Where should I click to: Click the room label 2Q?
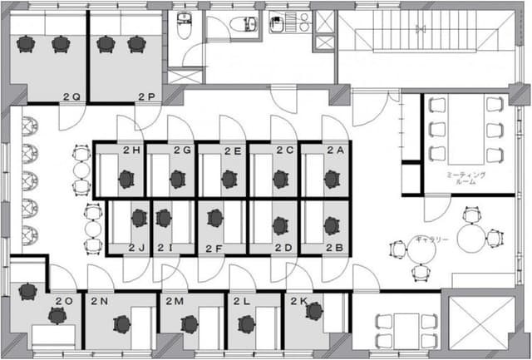[x=71, y=97]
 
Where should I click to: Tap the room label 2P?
[x=147, y=97]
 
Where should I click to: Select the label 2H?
[x=131, y=150]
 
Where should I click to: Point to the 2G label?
[x=183, y=150]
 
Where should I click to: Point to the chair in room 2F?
[x=216, y=218]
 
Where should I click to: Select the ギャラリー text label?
[x=432, y=240]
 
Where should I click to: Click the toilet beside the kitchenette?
[x=246, y=22]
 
